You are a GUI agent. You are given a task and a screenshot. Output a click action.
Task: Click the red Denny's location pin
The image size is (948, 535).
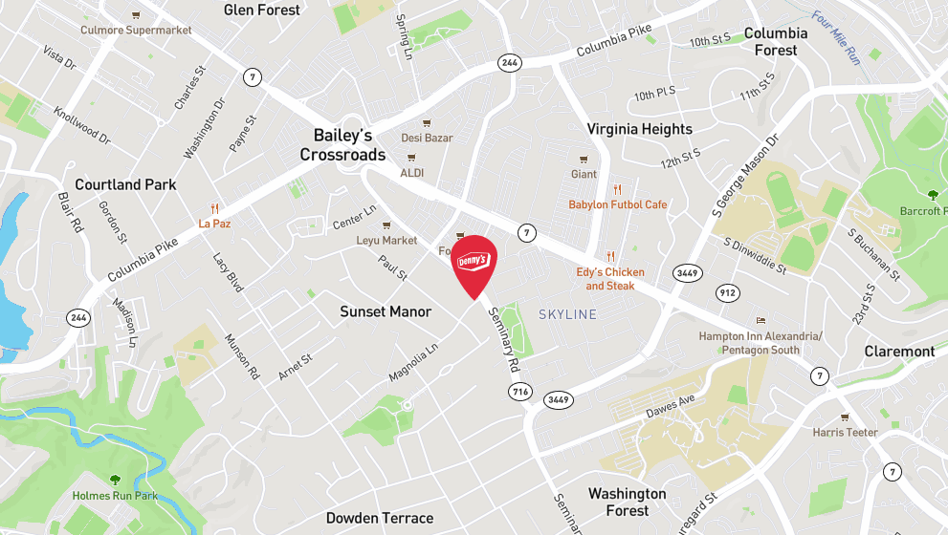(474, 264)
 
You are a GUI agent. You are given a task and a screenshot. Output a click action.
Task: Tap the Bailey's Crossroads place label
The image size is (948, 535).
(342, 145)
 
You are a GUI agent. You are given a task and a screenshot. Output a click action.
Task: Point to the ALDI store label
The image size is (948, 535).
(412, 173)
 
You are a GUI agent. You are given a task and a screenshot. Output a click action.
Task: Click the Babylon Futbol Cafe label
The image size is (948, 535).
(618, 204)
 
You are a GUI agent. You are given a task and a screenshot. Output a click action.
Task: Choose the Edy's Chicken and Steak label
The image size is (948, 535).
(610, 278)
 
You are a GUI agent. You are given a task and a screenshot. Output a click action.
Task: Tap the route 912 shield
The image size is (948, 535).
(726, 293)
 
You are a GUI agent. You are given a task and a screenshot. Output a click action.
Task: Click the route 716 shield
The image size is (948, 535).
(520, 391)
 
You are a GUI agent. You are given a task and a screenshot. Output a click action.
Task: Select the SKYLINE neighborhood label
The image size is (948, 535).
(567, 314)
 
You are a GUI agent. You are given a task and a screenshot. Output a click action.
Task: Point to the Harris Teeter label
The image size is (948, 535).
(845, 432)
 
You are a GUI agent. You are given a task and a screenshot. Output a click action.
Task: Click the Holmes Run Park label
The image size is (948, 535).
(115, 496)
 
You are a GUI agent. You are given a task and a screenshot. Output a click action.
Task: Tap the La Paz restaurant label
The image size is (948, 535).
(215, 224)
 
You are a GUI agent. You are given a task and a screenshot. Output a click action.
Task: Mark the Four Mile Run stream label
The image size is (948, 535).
(836, 37)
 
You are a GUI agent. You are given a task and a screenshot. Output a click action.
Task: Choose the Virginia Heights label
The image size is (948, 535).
(639, 129)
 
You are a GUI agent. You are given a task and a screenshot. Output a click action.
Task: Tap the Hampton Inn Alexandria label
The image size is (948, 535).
(761, 342)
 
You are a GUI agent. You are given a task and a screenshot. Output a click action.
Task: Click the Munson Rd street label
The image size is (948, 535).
(241, 356)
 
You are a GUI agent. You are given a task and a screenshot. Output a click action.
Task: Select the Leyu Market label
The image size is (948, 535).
(386, 240)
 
